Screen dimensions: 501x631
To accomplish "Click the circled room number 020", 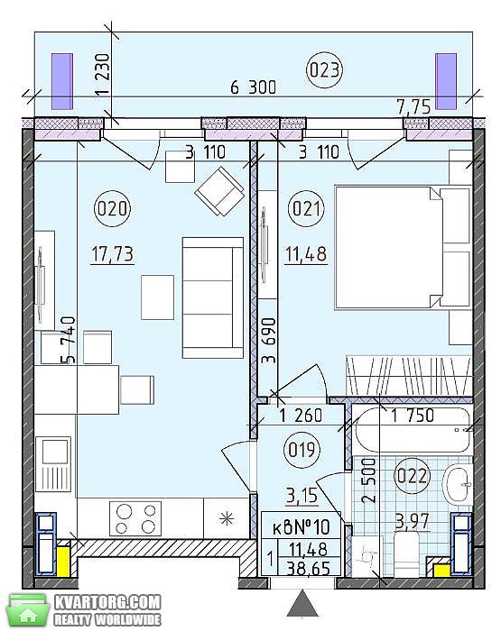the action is [x=113, y=209].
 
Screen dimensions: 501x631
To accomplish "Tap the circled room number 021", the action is [x=306, y=209].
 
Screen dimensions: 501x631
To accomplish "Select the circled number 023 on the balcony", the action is [x=324, y=70].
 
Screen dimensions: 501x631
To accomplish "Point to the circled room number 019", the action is [x=302, y=450].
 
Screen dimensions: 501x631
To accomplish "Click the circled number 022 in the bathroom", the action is [x=412, y=476].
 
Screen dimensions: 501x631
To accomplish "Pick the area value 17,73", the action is [x=113, y=254].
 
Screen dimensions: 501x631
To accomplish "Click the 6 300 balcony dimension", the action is [x=254, y=87].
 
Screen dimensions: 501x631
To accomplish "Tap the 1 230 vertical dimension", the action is [x=102, y=75].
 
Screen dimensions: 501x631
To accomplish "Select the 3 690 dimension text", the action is [x=269, y=341].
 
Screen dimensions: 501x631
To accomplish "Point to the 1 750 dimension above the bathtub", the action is [x=413, y=416].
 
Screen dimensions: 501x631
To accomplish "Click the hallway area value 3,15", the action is [x=302, y=496].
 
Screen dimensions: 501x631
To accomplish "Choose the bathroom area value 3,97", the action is [x=413, y=522].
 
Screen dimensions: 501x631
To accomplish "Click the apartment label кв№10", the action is [x=302, y=526].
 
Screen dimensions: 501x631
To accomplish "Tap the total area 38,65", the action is [x=309, y=569].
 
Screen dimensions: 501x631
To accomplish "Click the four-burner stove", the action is [x=135, y=518].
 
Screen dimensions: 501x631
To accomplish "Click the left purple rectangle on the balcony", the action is [x=62, y=81].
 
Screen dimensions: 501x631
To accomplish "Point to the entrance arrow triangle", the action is [x=302, y=603].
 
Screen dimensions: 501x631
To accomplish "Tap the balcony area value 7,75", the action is [x=414, y=107].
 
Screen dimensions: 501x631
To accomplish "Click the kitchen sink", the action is [x=53, y=464].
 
